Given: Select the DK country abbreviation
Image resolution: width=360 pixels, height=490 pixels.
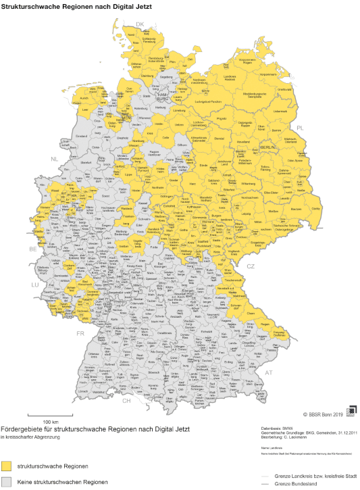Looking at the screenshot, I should point(140,24).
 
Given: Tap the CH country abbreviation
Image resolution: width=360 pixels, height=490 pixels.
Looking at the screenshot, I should point(126,401).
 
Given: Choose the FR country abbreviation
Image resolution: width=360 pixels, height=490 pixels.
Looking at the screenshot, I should point(80,333).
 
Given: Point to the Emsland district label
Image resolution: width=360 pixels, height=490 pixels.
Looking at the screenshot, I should point(81,136).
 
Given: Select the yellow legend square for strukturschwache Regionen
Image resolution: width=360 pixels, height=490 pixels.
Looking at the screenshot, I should point(7,466).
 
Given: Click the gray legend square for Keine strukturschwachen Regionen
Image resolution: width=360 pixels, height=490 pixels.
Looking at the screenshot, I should point(7,482).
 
